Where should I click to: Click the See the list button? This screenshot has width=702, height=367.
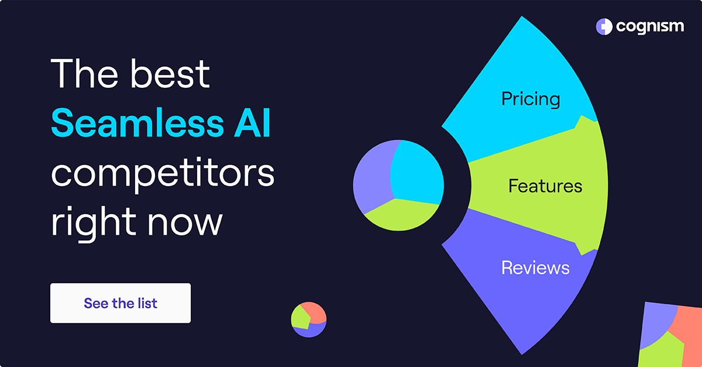click(x=120, y=303)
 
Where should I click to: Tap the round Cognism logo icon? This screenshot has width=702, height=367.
click(x=604, y=26)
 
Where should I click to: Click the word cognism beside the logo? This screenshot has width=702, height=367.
click(x=649, y=26)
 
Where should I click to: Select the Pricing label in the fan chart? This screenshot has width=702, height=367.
click(x=531, y=98)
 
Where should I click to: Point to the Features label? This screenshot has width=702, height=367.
click(x=545, y=186)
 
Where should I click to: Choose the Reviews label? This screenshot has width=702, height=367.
click(x=535, y=267)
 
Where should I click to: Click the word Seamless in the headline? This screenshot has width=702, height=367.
click(x=134, y=124)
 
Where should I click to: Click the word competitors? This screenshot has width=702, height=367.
click(x=162, y=173)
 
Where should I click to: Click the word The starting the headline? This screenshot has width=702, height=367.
click(x=81, y=74)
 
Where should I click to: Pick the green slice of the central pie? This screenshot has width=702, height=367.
click(x=401, y=214)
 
